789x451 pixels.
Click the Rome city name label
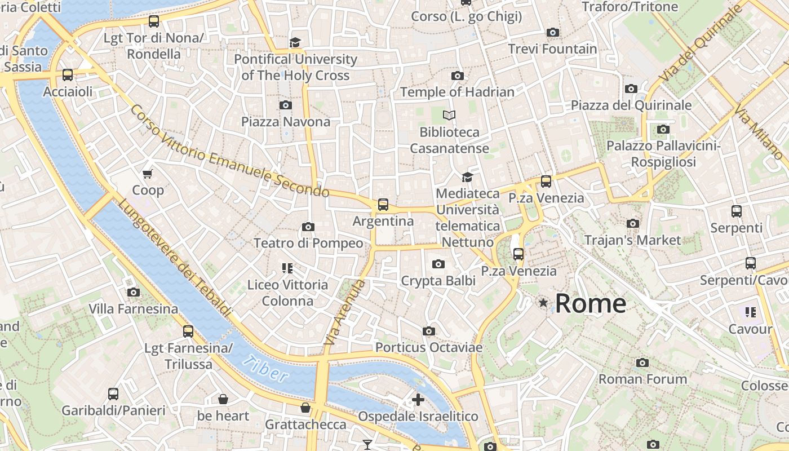tap(590, 303)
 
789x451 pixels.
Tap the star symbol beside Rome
tap(543, 303)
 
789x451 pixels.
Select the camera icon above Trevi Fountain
tap(553, 32)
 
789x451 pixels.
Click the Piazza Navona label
tap(286, 122)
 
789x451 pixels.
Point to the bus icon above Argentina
tap(383, 204)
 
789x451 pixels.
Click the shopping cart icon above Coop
tap(148, 174)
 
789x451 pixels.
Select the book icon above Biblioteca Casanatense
tap(449, 116)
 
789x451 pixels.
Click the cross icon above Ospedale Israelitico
tap(418, 400)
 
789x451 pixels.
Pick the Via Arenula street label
tap(345, 312)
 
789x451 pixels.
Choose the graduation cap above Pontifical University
tap(295, 42)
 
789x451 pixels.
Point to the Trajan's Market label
tap(632, 240)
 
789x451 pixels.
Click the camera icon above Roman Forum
tap(642, 362)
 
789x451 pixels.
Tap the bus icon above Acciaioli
tap(68, 74)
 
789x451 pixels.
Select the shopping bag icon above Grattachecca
tap(305, 407)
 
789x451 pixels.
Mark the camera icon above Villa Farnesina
tap(134, 292)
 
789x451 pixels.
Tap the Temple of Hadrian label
tap(457, 92)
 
